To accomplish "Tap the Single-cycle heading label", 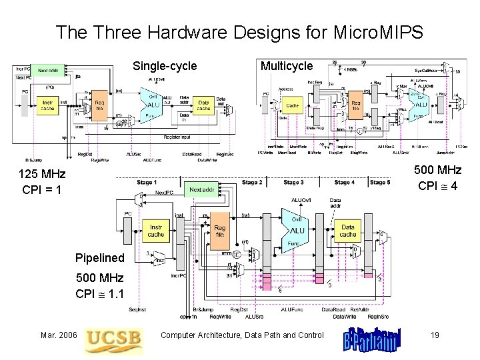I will [x=165, y=66].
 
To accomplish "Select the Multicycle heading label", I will [x=287, y=66].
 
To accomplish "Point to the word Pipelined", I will [x=100, y=257].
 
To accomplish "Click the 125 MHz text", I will [x=43, y=174].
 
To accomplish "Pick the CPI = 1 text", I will [x=42, y=190].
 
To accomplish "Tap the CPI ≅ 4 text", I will [x=437, y=185].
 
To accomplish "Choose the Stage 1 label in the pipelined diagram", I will [x=146, y=182].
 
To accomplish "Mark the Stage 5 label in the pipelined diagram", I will [x=378, y=182].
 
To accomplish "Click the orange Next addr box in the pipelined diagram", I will [x=201, y=190].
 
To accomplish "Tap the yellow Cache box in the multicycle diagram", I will [x=291, y=105].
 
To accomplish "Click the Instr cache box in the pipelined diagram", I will [x=156, y=230].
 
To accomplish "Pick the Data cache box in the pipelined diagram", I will [x=348, y=230].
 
